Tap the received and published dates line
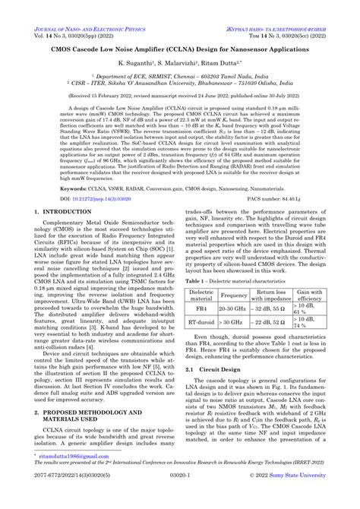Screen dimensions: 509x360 179,97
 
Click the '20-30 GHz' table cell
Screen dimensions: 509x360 233,310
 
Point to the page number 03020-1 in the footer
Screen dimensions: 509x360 179,501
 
